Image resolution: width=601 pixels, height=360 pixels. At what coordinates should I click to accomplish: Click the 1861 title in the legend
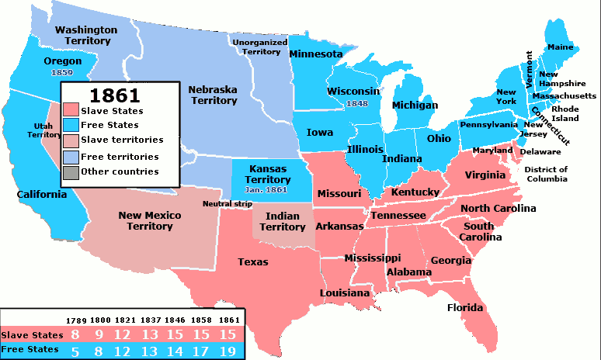coord(114,95)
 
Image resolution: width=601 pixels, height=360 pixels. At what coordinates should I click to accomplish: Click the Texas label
coord(253,262)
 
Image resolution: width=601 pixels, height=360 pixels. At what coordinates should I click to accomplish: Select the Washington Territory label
coord(87,35)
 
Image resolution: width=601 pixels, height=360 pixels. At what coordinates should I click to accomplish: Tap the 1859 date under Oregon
coord(61,72)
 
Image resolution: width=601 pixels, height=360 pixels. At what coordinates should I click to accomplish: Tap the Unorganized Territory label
coord(260,47)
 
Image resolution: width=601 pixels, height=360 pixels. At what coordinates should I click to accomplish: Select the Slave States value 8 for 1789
coord(75,334)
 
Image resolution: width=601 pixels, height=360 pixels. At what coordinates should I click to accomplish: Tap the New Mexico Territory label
coord(150,220)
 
